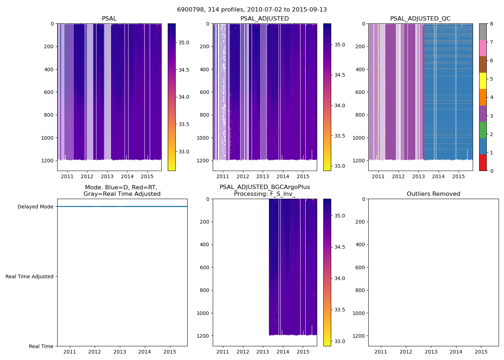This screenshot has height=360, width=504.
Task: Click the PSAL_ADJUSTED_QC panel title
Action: coord(420,19)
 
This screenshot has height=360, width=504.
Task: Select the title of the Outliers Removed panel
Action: coord(433,194)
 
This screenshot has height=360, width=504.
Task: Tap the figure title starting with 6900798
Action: coord(252,10)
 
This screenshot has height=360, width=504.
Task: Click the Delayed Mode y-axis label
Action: coord(35,207)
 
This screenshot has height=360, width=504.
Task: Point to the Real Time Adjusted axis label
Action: coord(30,276)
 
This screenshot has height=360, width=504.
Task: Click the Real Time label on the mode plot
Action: coord(41,346)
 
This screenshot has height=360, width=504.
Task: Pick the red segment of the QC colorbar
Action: coord(483,163)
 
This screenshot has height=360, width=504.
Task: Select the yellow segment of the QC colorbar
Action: coord(483,81)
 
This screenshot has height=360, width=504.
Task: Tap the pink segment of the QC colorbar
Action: coord(483,48)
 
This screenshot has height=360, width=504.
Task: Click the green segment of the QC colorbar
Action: coord(483,130)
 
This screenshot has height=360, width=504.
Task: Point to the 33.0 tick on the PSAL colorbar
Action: coord(184,152)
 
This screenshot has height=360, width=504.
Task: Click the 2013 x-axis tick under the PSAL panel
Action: coord(107,176)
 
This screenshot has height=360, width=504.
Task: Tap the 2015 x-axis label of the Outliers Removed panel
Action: coord(481,352)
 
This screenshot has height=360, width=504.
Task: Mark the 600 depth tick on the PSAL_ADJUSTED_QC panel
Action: coord(360,92)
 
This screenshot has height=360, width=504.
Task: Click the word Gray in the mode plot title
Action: coord(92,194)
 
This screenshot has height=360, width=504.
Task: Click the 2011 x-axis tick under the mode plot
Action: coord(69,352)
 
